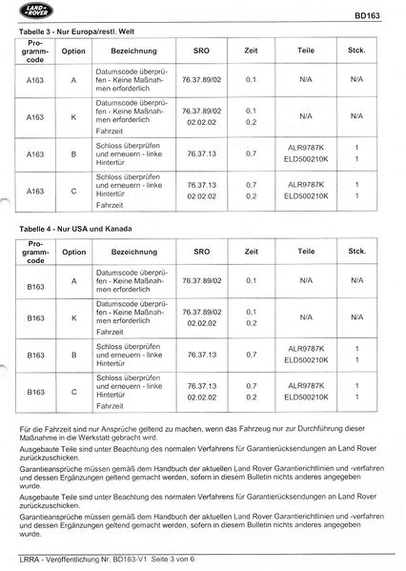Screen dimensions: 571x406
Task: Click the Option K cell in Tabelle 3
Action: (x=76, y=116)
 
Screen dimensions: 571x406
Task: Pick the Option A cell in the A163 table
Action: (x=76, y=82)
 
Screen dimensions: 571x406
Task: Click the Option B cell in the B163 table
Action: (x=76, y=354)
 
